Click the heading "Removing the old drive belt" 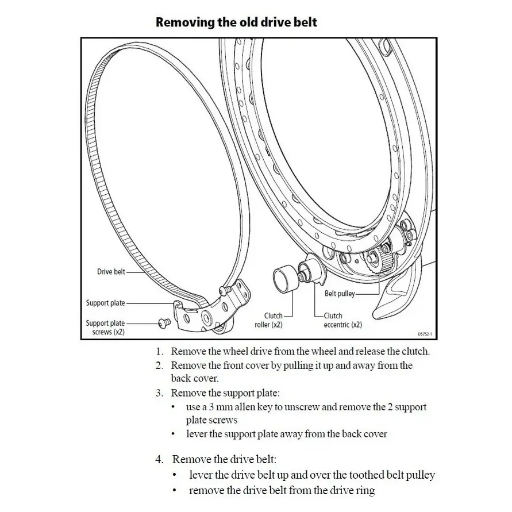pyautogui.click(x=236, y=22)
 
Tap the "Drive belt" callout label pyautogui.click(x=111, y=272)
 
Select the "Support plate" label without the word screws pyautogui.click(x=106, y=303)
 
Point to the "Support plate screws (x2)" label pyautogui.click(x=106, y=328)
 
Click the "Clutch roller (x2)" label pyautogui.click(x=269, y=320)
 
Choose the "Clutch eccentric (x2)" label pyautogui.click(x=343, y=320)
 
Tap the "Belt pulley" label pyautogui.click(x=340, y=294)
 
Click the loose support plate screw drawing pyautogui.click(x=164, y=323)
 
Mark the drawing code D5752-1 pyautogui.click(x=425, y=334)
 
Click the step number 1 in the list pyautogui.click(x=159, y=352)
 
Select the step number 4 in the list pyautogui.click(x=159, y=460)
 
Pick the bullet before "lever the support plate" pyautogui.click(x=174, y=434)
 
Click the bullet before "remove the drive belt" pyautogui.click(x=175, y=490)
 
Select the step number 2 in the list pyautogui.click(x=159, y=365)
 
